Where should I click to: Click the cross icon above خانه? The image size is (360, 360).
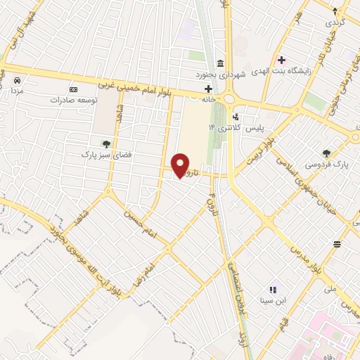pyautogui.click(x=207, y=89)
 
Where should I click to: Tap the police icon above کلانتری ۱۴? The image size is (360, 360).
pyautogui.click(x=235, y=117)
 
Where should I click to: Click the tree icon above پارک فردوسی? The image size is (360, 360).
pyautogui.click(x=326, y=153)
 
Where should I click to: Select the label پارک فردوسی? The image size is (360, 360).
pyautogui.click(x=329, y=164)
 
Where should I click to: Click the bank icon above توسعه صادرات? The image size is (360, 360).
pyautogui.click(x=74, y=89)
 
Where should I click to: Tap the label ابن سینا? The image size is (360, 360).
pyautogui.click(x=274, y=300)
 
